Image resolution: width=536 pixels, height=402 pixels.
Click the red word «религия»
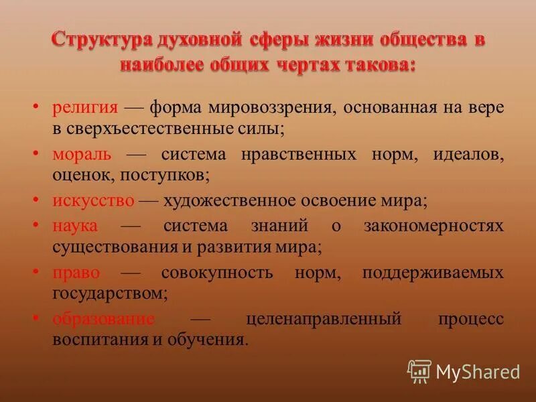tap(85, 107)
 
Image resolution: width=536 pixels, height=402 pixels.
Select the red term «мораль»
tap(82, 154)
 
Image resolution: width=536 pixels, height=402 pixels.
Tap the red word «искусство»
tap(94, 201)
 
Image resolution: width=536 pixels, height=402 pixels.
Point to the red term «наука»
tap(75, 226)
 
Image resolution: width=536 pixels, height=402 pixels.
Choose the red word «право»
tap(76, 273)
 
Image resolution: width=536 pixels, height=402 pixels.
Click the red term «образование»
tap(103, 320)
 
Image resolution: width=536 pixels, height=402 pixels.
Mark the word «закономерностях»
tap(433, 226)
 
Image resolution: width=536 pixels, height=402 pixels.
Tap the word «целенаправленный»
tap(324, 320)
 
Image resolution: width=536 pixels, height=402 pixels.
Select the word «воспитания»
tap(100, 340)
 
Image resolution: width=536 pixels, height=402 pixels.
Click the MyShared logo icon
tap(419, 371)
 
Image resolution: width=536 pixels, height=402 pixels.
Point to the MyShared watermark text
tap(478, 371)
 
